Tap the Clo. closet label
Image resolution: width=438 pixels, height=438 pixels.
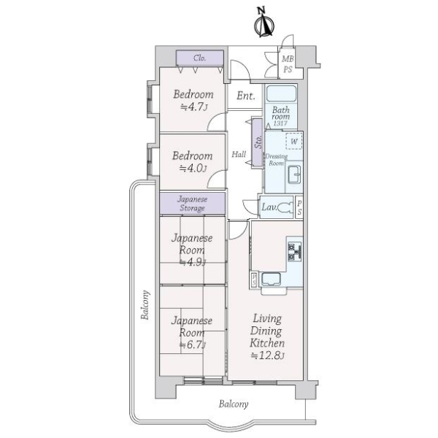point(200,58)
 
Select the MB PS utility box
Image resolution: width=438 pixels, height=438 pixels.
point(288,64)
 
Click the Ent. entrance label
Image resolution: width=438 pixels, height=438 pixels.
point(246,96)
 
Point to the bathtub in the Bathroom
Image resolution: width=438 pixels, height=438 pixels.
point(281,93)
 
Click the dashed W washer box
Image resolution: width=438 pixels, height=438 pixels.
point(294,142)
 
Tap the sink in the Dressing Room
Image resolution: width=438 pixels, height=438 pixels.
point(294,174)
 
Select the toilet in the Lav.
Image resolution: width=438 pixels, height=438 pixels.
point(285,207)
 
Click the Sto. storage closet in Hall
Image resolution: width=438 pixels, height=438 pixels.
point(258,143)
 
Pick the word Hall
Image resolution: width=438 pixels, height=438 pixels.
point(239,154)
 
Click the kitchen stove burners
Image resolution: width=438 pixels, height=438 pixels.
point(295,252)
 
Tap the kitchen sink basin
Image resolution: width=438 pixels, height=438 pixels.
point(271,280)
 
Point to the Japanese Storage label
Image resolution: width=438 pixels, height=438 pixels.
point(193,204)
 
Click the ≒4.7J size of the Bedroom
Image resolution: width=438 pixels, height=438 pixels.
point(194,107)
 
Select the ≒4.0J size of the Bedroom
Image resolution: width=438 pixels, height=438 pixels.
point(193,168)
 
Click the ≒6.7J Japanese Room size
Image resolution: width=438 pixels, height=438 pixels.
point(193,345)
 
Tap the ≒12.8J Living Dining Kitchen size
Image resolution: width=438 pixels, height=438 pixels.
point(268,356)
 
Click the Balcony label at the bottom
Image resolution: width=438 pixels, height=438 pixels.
point(234,404)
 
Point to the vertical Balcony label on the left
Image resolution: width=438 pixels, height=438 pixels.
point(145,304)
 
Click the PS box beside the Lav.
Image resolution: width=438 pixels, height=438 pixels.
point(299,208)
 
